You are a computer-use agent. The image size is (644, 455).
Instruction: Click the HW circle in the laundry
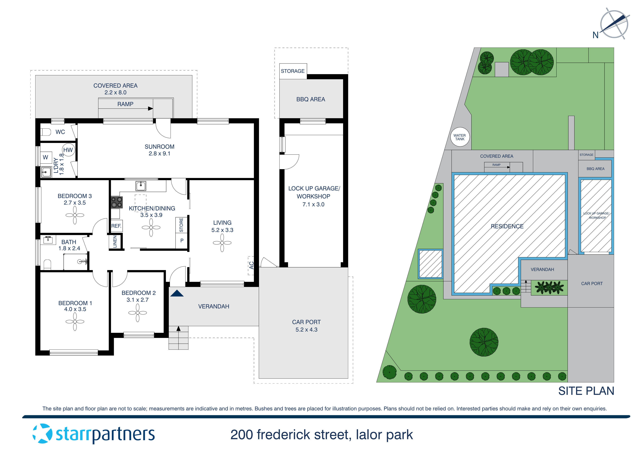68,150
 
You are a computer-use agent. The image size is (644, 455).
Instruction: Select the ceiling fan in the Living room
222,243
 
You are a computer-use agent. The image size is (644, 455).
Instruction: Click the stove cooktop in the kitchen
117,202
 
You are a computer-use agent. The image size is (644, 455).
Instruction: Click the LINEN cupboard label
115,242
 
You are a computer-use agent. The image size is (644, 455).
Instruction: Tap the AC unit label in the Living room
251,265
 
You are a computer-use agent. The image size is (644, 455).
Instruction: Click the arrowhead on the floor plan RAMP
150,108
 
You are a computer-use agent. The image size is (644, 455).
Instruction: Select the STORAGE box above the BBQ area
293,71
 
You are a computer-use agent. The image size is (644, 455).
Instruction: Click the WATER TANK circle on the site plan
460,137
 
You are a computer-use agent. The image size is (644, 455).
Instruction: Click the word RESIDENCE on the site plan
507,226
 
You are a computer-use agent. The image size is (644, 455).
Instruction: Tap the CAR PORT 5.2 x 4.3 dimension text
306,330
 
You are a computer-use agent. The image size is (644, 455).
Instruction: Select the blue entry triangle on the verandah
177,294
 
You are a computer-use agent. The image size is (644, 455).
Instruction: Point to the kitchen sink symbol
140,186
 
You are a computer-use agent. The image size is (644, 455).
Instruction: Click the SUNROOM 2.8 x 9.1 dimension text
159,154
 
